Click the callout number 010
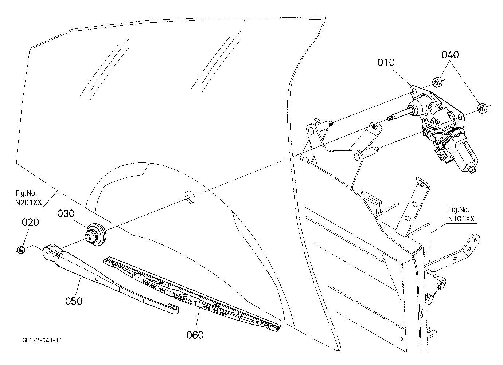coord(386,62)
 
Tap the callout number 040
coord(450,55)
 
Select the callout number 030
coord(66,213)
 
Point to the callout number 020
coord(30,222)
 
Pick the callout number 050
coord(74,301)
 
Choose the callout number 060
coord(195,335)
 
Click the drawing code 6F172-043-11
coord(42,340)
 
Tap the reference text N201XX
coord(28,203)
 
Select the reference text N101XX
coord(461,219)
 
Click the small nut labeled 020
coord(21,250)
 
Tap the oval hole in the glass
coord(190,197)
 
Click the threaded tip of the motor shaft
coord(390,118)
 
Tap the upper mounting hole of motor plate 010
coord(413,91)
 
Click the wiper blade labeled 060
coord(192,294)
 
